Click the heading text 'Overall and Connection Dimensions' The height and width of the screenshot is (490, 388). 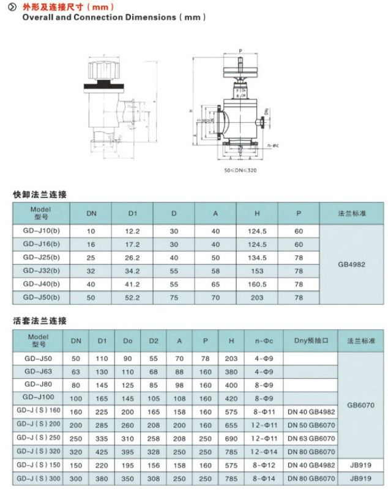coord(98,17)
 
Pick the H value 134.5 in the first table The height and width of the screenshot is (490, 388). coord(257,258)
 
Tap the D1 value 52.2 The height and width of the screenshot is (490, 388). coord(133,298)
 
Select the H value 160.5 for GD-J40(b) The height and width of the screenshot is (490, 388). coord(257,285)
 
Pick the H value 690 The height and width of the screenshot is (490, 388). coord(231,439)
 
